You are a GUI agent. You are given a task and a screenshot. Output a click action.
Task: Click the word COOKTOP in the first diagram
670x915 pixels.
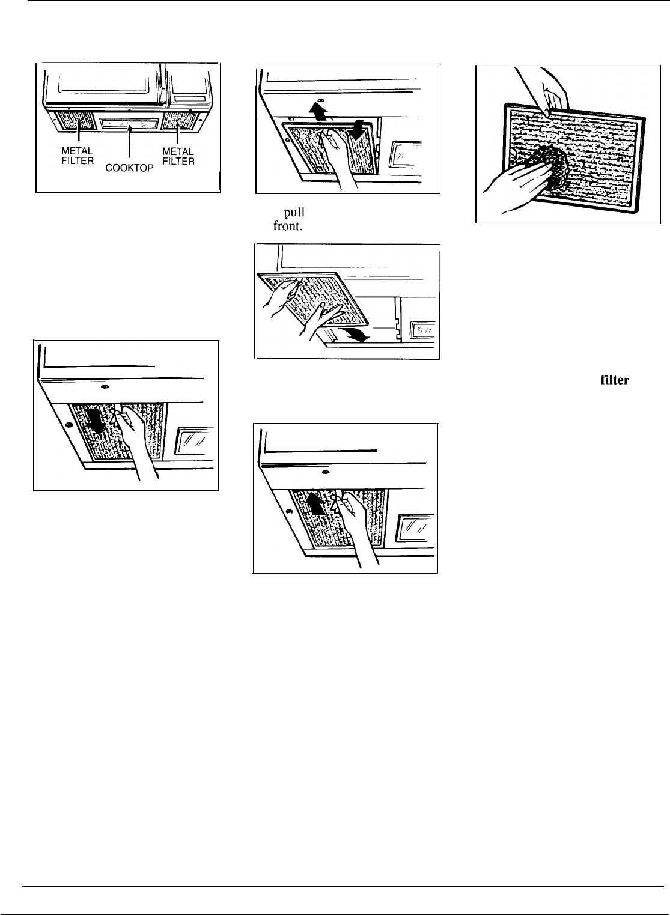(x=130, y=170)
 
